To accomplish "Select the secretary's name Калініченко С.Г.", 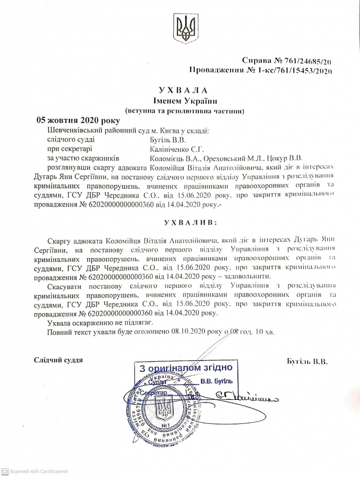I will (x=171, y=149).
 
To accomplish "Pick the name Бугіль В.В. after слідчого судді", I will (x=164, y=139).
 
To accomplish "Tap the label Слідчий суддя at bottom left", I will (x=58, y=360).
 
